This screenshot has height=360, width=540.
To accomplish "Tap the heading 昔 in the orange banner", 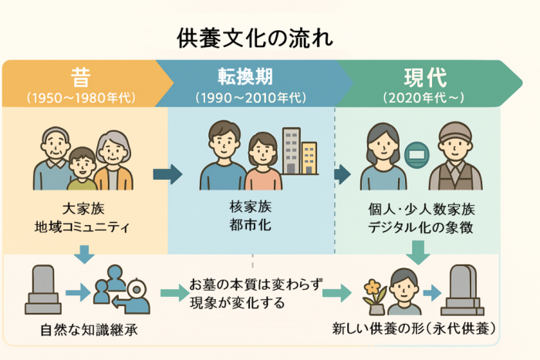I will [80, 78].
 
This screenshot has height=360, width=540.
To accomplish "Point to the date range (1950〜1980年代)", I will [80, 98].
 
